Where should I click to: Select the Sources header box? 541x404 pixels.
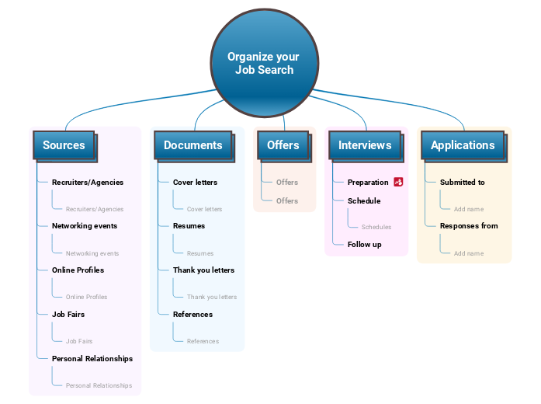[x=64, y=145]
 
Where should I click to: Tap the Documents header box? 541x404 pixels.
[x=192, y=145]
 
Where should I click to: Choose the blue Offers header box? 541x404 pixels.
[x=283, y=145]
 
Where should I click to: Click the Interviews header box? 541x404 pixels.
[x=365, y=145]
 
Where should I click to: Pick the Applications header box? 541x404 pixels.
[x=463, y=145]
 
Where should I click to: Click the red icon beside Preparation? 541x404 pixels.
[x=398, y=182]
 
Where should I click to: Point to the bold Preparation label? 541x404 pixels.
[x=368, y=183]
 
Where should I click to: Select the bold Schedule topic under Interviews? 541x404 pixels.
[x=364, y=201]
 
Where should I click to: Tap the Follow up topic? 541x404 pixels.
[x=365, y=245]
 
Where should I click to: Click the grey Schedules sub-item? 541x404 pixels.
[x=376, y=227]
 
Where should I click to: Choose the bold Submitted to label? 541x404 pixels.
[x=463, y=183]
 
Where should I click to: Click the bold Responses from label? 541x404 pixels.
[x=469, y=226]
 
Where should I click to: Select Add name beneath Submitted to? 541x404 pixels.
[x=469, y=209]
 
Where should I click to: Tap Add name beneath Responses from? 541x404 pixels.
[x=469, y=253]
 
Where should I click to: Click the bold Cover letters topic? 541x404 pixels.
[x=195, y=183]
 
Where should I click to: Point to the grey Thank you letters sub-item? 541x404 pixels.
[x=212, y=297]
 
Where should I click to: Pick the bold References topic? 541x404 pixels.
[x=192, y=315]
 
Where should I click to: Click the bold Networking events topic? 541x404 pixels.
[x=85, y=226]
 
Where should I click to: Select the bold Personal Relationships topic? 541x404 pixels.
[x=92, y=359]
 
